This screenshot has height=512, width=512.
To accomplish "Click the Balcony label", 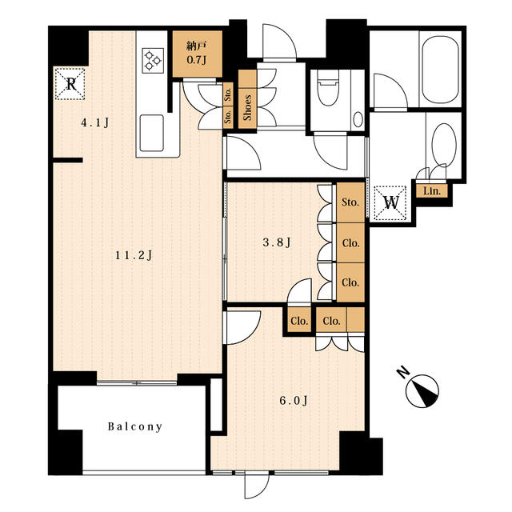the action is click(x=135, y=426).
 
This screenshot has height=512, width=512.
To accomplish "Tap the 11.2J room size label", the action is click(x=134, y=255).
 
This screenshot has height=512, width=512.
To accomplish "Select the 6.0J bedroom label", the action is click(x=294, y=400).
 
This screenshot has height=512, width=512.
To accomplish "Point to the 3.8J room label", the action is click(x=277, y=242).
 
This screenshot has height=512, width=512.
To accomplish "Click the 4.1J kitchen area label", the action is click(x=94, y=122).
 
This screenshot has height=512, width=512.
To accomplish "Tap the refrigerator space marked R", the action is click(x=70, y=84).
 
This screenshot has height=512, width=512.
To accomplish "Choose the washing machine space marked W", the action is click(x=390, y=202).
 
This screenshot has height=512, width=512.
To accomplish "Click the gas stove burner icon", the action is click(x=153, y=60).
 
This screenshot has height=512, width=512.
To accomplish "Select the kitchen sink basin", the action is click(x=151, y=133).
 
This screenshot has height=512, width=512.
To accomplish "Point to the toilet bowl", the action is click(x=327, y=87).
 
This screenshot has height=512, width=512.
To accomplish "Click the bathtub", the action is click(x=440, y=70).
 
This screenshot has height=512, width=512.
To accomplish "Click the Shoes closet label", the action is click(x=247, y=107).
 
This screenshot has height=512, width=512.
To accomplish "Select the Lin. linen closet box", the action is click(x=432, y=191).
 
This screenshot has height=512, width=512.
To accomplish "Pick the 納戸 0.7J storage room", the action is click(x=198, y=54).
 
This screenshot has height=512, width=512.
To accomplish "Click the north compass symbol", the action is click(x=422, y=391).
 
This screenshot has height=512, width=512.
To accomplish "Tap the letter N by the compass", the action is click(x=403, y=373).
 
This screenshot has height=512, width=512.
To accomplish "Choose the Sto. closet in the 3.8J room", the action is click(x=350, y=202).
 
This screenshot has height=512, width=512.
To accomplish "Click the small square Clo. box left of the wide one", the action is click(x=299, y=321).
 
